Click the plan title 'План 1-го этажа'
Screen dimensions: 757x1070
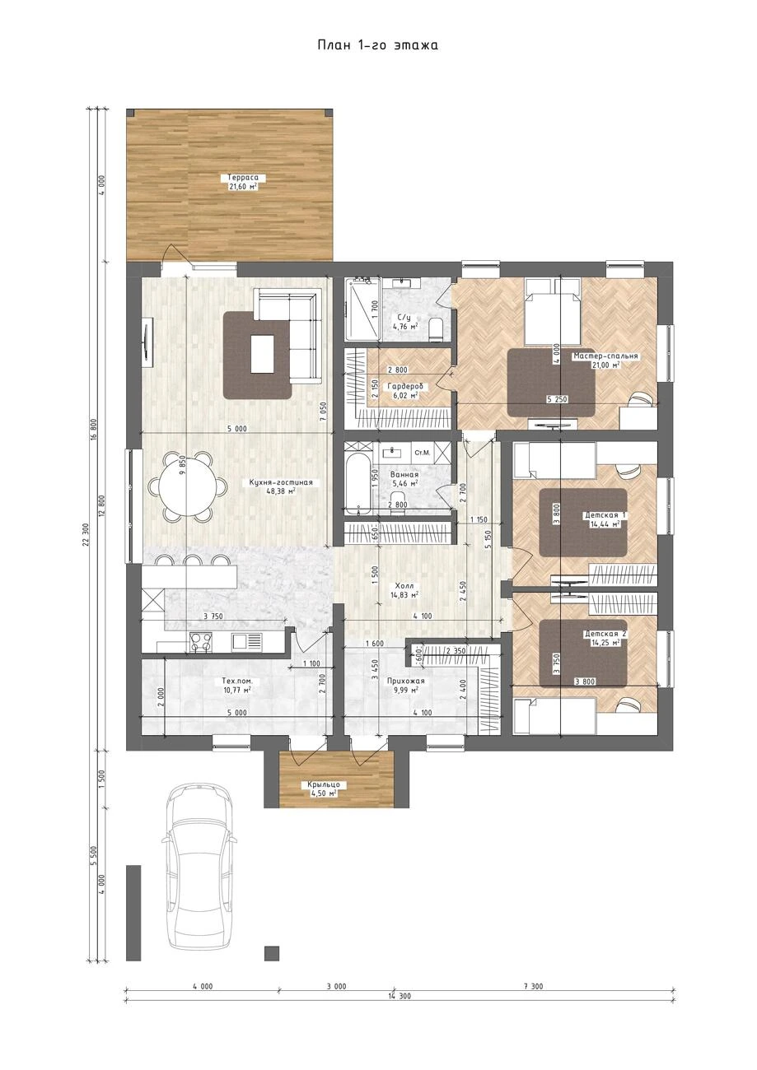point(377,45)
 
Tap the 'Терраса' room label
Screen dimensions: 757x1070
point(243,178)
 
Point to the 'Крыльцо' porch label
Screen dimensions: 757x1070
point(324,784)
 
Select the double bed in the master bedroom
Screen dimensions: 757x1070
point(553,311)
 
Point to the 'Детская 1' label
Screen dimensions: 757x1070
point(605,515)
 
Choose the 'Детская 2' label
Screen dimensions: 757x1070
point(605,634)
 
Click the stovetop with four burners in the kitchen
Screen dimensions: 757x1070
point(201,642)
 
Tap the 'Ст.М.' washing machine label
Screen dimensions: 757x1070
point(423,452)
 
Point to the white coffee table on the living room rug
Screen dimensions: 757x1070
point(263,354)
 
